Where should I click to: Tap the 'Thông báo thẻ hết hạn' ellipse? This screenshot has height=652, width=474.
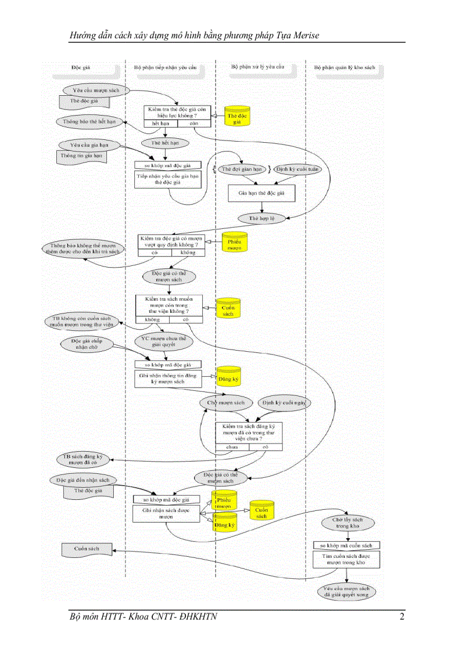click(x=89, y=121)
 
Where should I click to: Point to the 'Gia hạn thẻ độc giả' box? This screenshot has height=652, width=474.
click(x=261, y=193)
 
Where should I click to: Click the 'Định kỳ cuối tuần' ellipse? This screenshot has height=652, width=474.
click(x=297, y=169)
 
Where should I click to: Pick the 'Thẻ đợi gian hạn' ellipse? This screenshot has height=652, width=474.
click(x=242, y=169)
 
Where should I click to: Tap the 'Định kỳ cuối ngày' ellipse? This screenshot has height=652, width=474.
click(x=283, y=402)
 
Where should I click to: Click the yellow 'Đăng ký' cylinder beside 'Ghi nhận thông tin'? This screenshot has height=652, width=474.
click(x=228, y=378)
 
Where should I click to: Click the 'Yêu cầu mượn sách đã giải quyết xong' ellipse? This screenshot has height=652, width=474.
click(x=347, y=591)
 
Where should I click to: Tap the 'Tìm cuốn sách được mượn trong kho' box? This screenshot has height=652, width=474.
click(x=347, y=559)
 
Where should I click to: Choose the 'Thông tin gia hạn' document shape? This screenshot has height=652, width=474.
click(x=84, y=156)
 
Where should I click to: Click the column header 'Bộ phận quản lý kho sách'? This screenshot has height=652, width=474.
click(x=345, y=67)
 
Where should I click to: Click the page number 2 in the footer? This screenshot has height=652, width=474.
click(x=402, y=617)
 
